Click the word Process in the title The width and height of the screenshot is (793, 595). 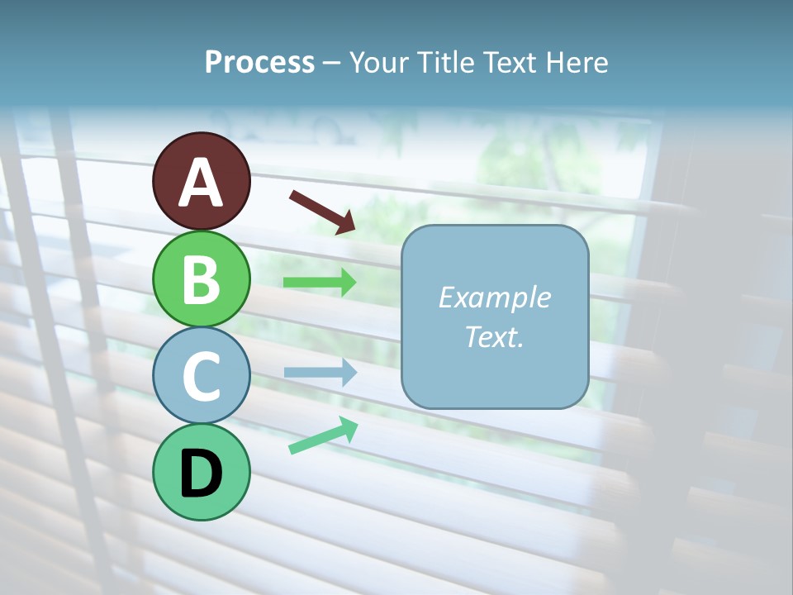(x=259, y=63)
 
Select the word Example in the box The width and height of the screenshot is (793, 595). (x=494, y=297)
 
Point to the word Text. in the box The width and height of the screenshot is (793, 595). (x=494, y=336)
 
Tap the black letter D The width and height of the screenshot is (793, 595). (x=201, y=474)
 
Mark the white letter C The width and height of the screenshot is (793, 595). (x=201, y=376)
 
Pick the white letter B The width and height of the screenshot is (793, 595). (x=201, y=279)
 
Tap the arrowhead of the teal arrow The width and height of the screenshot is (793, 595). (x=349, y=427)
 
